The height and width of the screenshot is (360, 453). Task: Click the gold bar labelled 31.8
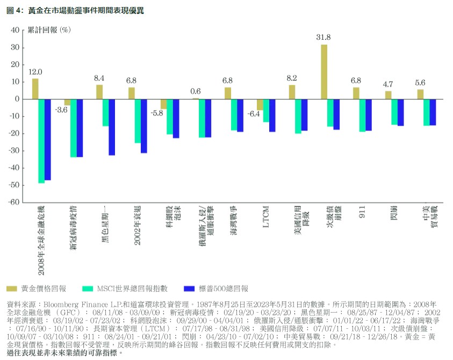tap(324, 71)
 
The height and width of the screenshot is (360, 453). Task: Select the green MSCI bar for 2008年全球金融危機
tap(41, 141)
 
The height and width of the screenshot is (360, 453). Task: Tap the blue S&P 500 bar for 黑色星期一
tap(112, 127)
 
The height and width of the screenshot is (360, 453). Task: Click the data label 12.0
tap(35, 71)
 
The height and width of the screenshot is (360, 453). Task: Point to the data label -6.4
tap(254, 114)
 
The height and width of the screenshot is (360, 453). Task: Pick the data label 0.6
tap(196, 91)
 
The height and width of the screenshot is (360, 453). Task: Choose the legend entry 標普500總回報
tap(218, 289)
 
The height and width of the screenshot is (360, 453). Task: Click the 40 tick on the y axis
tap(15, 31)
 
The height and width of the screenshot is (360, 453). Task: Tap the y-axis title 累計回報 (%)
tap(49, 31)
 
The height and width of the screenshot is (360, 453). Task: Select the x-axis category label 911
tap(363, 213)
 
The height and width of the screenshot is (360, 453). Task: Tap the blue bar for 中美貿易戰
tap(433, 112)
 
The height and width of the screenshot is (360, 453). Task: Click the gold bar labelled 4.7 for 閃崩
tap(388, 95)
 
